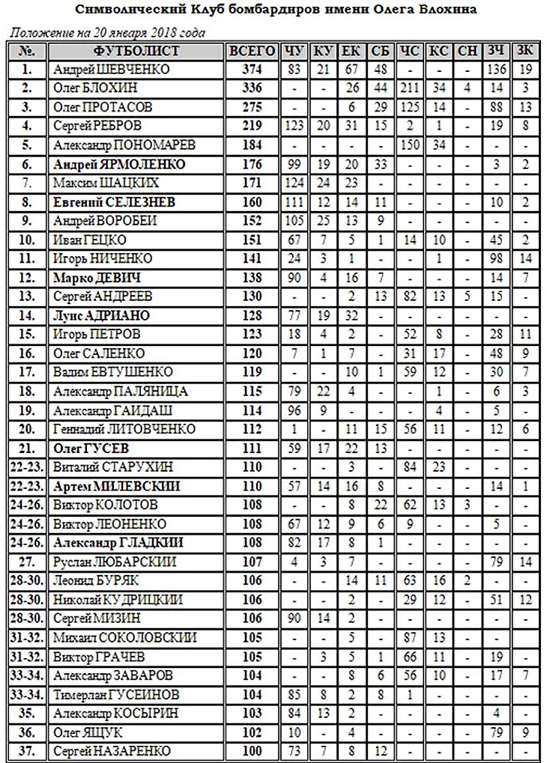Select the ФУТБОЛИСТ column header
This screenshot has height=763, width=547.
point(136,52)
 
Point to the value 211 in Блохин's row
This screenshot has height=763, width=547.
point(411,88)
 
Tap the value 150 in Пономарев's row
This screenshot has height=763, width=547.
point(411,145)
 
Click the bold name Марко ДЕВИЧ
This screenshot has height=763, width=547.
point(95,277)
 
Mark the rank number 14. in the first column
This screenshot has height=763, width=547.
point(28,314)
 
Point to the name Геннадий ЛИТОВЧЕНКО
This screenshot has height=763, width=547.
point(125,428)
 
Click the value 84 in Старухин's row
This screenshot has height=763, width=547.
point(411,466)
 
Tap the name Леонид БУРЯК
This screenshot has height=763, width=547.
point(97,580)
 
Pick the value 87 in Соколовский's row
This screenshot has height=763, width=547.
point(411,637)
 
